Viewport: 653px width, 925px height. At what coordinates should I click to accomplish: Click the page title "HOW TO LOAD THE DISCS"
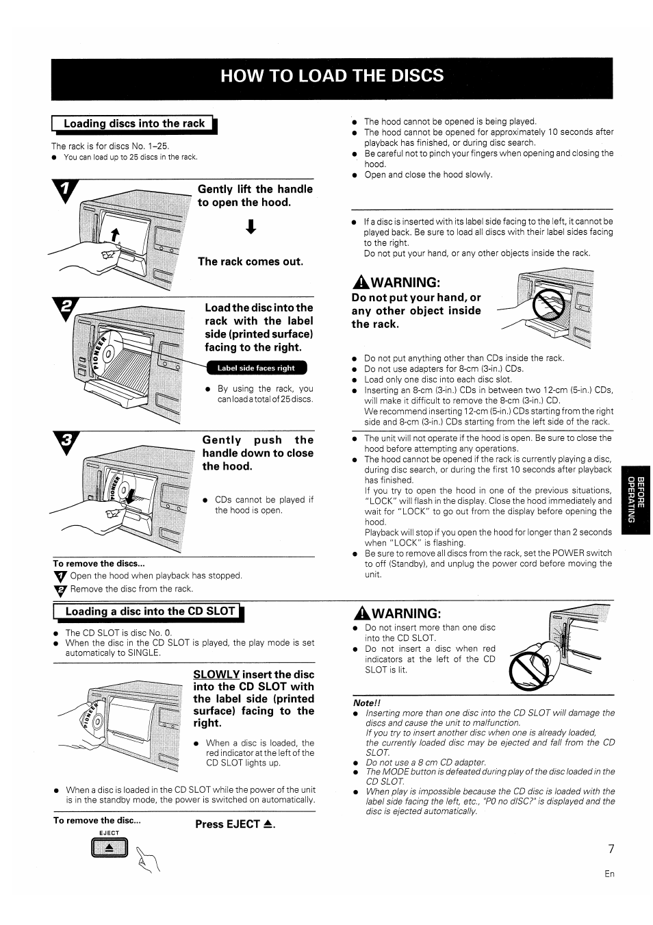click(x=332, y=75)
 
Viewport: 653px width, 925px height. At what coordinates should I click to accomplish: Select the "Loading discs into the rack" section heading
click(x=134, y=124)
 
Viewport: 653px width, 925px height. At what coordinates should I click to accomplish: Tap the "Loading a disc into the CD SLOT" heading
click(x=149, y=611)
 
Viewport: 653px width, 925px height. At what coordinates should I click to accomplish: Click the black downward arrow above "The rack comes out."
click(x=252, y=228)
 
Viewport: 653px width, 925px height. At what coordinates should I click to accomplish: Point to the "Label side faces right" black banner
click(x=256, y=368)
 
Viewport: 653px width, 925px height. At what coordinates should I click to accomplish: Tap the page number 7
click(x=611, y=849)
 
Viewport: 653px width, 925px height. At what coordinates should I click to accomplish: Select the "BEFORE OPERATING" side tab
click(x=637, y=498)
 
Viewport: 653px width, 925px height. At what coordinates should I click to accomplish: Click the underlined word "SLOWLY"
click(x=216, y=674)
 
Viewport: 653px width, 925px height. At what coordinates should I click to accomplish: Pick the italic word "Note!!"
click(x=366, y=702)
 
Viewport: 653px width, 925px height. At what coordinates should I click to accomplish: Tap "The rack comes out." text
click(x=251, y=262)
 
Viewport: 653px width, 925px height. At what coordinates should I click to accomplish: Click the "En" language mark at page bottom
click(x=609, y=874)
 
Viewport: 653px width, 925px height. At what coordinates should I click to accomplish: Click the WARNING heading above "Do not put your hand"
click(x=395, y=282)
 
